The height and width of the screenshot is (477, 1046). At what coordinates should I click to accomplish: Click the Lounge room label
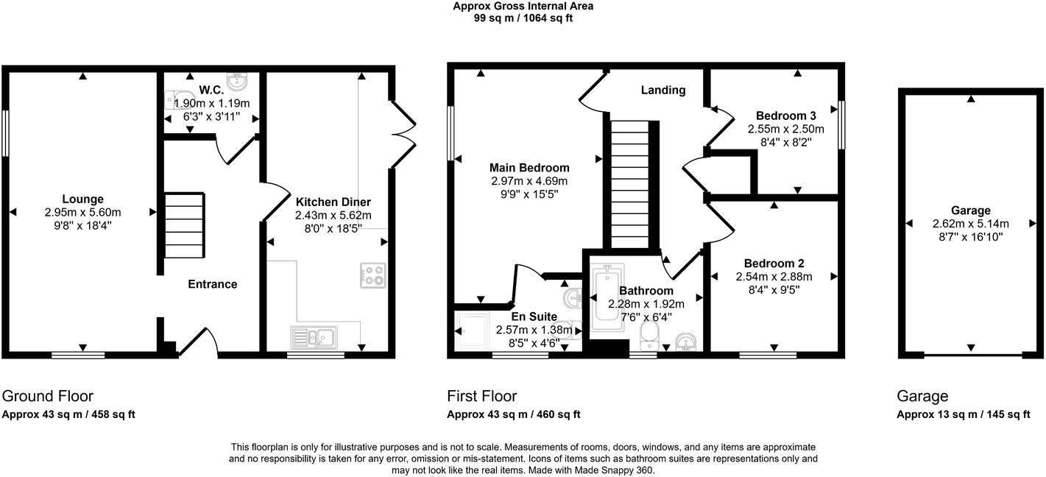pyautogui.click(x=82, y=199)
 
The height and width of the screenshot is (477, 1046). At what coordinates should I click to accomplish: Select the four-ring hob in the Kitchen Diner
pyautogui.click(x=372, y=275)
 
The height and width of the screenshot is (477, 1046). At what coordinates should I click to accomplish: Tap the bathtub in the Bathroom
pyautogui.click(x=607, y=293)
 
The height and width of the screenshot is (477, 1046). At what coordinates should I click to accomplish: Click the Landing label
pyautogui.click(x=662, y=91)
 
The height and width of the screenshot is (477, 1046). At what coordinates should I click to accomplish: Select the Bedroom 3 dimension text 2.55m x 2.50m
pyautogui.click(x=786, y=129)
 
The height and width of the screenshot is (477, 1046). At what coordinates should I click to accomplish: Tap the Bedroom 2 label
pyautogui.click(x=773, y=264)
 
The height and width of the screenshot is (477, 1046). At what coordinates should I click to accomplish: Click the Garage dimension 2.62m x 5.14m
pyautogui.click(x=969, y=224)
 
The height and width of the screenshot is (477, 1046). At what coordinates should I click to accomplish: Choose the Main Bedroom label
pyautogui.click(x=529, y=167)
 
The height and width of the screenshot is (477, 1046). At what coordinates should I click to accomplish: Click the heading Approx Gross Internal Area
pyautogui.click(x=523, y=7)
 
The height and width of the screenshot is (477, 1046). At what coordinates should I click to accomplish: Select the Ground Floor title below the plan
pyautogui.click(x=49, y=397)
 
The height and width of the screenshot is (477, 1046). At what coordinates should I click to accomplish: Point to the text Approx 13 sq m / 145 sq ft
pyautogui.click(x=963, y=415)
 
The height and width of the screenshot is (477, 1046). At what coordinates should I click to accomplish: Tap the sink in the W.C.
pyautogui.click(x=237, y=79)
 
